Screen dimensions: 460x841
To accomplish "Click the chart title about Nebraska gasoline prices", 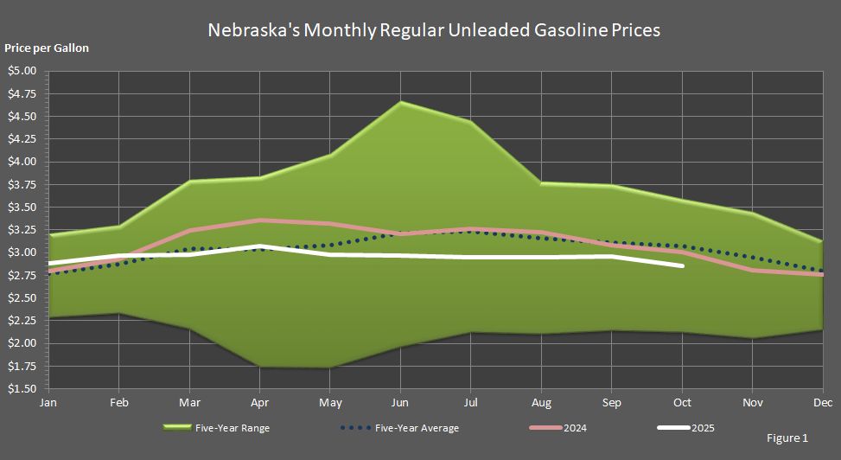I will point(434,30).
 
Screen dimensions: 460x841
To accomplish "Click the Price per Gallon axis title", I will point(47,48).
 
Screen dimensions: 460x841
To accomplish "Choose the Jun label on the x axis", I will point(400,403).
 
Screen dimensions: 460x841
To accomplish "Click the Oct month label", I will point(683,403).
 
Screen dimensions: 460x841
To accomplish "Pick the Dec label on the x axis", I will point(822,403).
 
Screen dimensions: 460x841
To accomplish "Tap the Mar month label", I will point(189,403).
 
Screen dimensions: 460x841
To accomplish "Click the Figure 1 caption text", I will point(787,438).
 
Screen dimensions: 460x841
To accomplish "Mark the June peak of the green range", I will point(400,103).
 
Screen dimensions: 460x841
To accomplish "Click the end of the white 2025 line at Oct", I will point(683,265).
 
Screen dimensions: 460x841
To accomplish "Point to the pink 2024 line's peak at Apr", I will point(259,220).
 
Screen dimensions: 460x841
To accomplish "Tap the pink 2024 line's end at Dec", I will point(822,275).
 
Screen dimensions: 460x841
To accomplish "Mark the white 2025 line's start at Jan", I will point(48,263).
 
